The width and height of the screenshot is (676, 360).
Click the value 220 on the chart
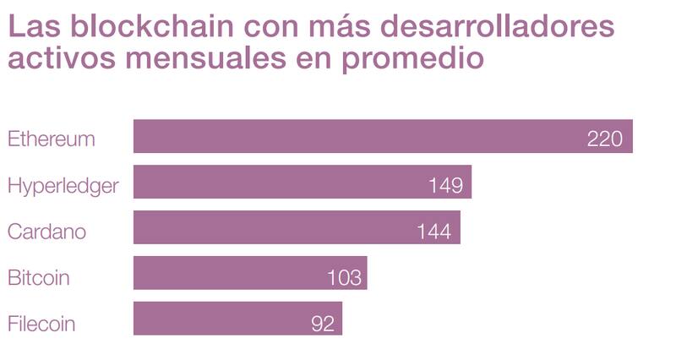tap(604, 139)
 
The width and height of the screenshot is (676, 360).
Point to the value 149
tap(444, 185)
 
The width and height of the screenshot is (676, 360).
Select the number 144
tap(433, 231)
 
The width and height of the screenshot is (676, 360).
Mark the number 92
tap(323, 323)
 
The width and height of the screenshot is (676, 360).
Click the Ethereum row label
tap(51, 139)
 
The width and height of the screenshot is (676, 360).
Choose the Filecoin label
tap(41, 323)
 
